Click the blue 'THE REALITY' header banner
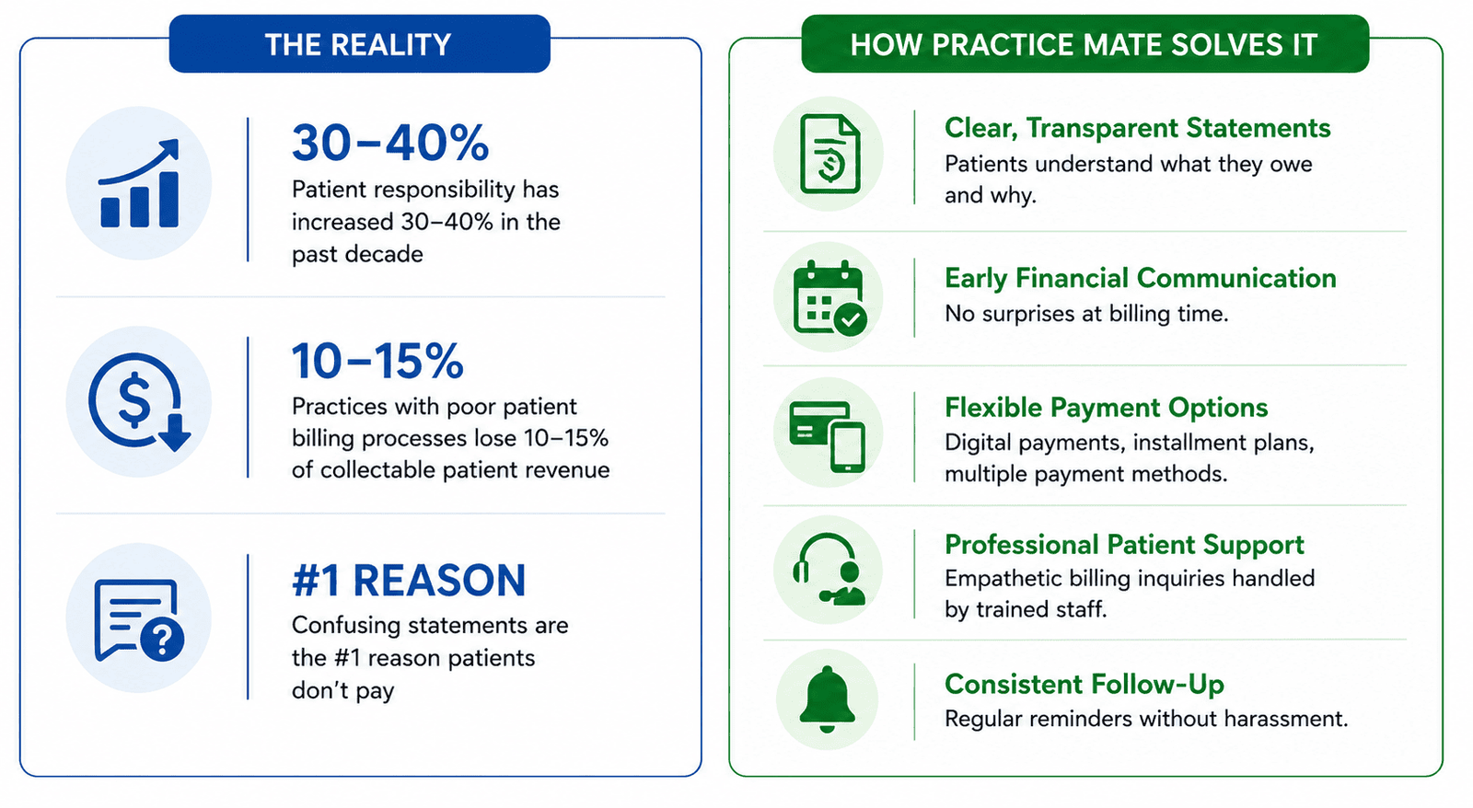pos(360,44)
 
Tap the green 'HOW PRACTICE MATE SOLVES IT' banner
pos(1085,44)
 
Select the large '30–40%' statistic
pos(390,143)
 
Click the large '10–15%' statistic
pos(377,361)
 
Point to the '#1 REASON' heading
pos(409,580)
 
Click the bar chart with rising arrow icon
pos(139,183)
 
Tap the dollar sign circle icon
pos(139,401)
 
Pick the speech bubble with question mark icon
pos(139,619)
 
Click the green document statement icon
pos(829,154)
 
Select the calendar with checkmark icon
pos(829,298)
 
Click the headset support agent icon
pos(828,570)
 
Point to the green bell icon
pos(828,698)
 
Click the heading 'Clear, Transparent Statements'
pos(1138,128)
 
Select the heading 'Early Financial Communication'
pos(1141,278)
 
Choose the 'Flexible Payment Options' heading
pos(1106,408)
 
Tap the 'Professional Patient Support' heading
pos(1124,545)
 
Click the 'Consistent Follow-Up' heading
pos(1084,685)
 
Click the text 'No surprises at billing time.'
pos(1086,314)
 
